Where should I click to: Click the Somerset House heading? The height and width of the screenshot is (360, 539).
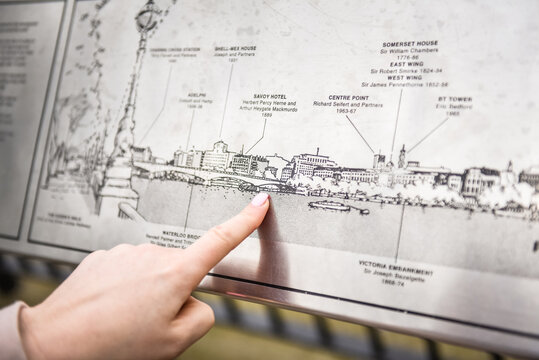(409, 44)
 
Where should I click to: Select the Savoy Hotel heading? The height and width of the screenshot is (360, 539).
(263, 96)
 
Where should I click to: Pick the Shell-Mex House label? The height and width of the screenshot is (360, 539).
(234, 48)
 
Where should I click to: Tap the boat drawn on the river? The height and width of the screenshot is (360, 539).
(330, 206)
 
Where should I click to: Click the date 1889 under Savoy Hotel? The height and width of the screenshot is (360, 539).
(266, 115)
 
